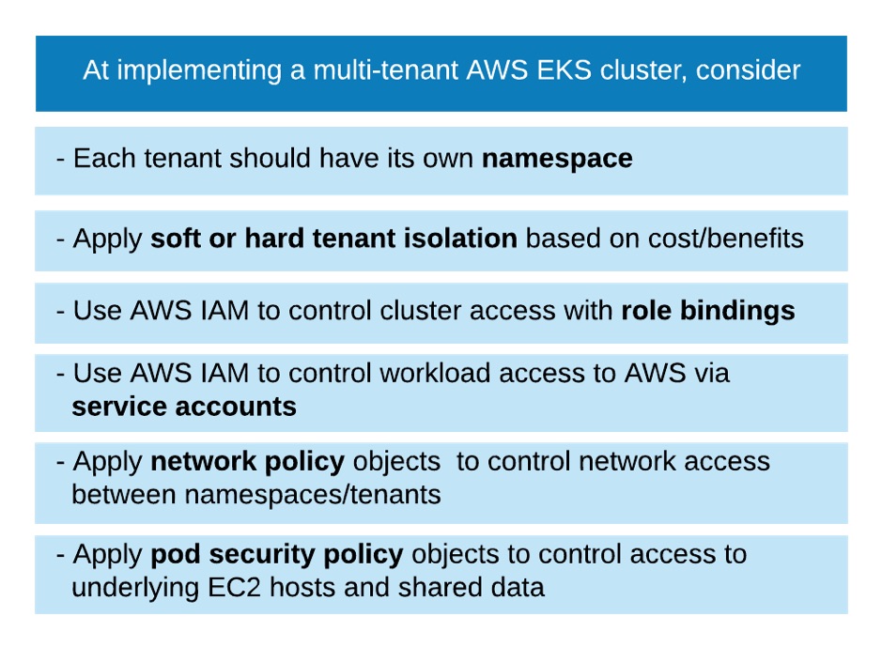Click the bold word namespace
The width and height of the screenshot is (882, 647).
(x=557, y=159)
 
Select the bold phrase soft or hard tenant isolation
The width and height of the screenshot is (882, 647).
(x=333, y=239)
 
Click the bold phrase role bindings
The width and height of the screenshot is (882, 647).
(x=707, y=311)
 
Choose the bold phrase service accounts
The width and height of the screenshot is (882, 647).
(x=184, y=407)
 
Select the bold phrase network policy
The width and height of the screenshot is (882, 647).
(x=248, y=461)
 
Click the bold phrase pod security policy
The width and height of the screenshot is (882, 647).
(x=276, y=554)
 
